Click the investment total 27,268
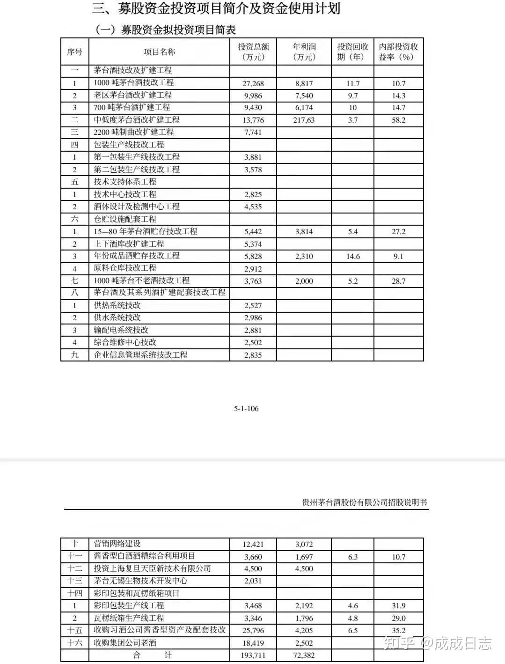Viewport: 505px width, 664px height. click(253, 83)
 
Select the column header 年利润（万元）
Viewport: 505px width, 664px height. click(304, 52)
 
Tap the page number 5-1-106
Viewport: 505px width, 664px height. click(246, 408)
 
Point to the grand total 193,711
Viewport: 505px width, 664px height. click(253, 655)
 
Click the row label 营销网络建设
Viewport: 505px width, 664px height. click(117, 544)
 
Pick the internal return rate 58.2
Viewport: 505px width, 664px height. click(398, 120)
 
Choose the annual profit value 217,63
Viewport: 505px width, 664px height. click(304, 120)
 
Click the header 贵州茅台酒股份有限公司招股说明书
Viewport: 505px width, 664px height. click(365, 502)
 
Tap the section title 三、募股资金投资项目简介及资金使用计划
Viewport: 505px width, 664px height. click(216, 8)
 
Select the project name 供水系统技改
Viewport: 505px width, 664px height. click(117, 317)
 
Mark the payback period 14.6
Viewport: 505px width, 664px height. click(352, 256)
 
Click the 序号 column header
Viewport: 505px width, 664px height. click(74, 52)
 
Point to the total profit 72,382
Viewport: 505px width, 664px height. click(304, 655)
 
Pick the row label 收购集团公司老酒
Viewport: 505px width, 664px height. click(125, 643)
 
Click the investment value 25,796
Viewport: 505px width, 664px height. click(253, 631)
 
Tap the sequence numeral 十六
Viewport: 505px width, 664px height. click(74, 643)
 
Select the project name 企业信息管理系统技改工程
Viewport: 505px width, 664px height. click(140, 355)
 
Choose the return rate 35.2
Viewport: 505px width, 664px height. click(398, 631)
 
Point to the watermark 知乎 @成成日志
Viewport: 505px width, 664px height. click(438, 643)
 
